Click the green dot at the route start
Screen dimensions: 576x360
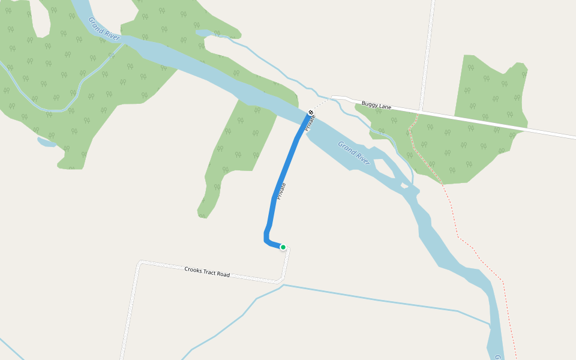[283, 247]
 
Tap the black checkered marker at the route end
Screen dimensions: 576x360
[311, 113]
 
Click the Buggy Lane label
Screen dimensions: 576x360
[376, 106]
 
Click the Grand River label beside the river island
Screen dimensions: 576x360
[354, 152]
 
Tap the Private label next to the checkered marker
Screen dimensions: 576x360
[310, 123]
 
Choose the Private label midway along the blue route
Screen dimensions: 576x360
[280, 191]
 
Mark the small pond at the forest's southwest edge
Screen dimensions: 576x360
[46, 142]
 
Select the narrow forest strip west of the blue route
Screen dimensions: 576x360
[234, 150]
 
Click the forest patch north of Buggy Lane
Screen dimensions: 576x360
[489, 90]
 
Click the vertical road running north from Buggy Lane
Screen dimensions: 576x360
[427, 48]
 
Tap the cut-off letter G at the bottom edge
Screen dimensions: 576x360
[498, 357]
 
